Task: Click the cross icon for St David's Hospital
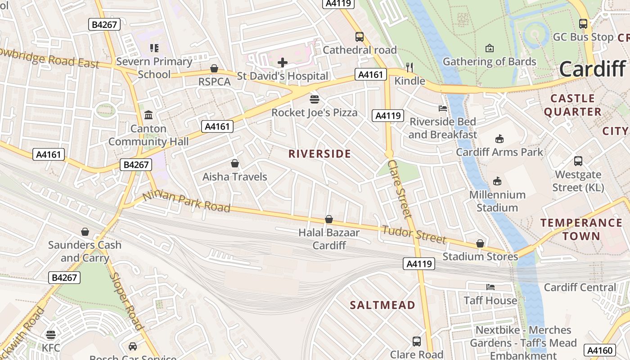point(283,63)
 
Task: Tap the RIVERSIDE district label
point(319,154)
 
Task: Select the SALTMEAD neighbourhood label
point(382,305)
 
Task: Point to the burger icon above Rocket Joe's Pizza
point(314,99)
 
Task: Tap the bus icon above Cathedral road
point(359,37)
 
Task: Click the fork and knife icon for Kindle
point(409,67)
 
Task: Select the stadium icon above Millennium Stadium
point(497,181)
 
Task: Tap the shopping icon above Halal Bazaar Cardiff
point(329,220)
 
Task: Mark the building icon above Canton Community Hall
point(148,115)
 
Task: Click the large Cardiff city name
point(592,69)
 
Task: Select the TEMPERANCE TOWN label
point(581,229)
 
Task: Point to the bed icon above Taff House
point(490,287)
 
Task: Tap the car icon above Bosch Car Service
point(133,346)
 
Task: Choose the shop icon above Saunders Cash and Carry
point(85,232)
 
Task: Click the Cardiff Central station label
point(580,287)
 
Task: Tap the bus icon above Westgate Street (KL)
point(578,161)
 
